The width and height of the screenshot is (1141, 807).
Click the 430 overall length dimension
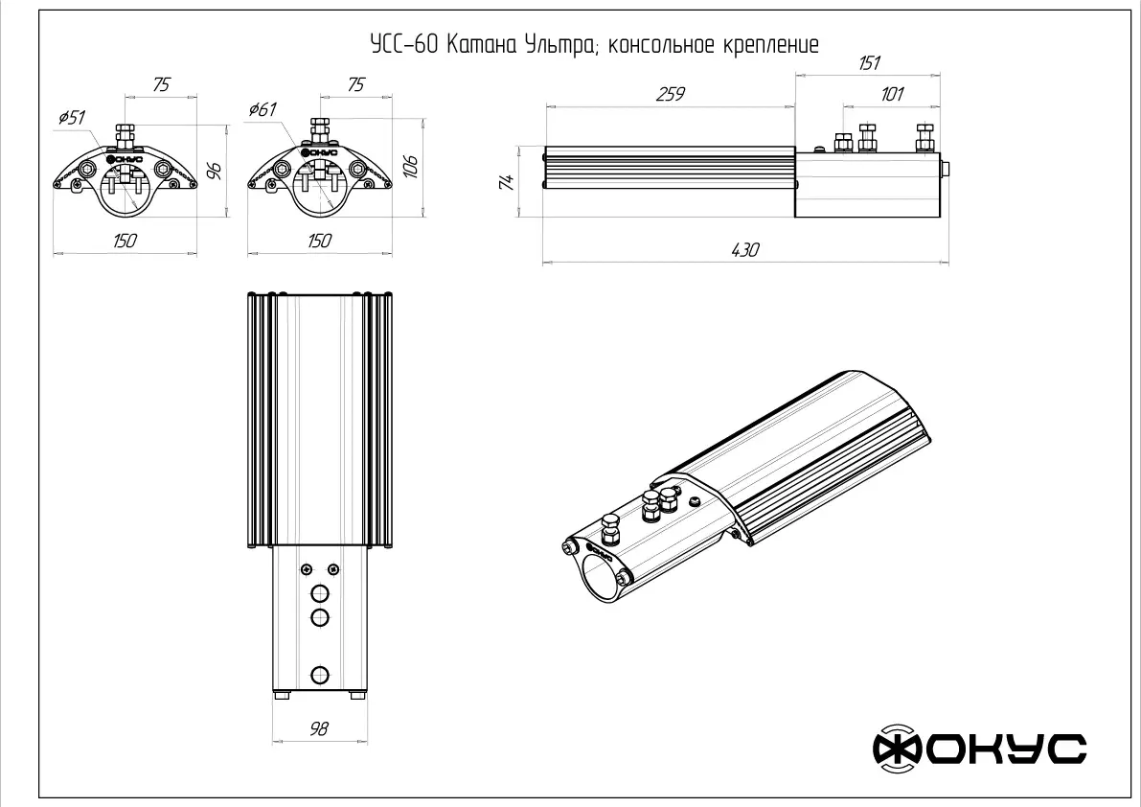pyautogui.click(x=744, y=249)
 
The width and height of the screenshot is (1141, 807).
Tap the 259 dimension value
pyautogui.click(x=671, y=94)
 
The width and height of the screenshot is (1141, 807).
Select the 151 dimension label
pyautogui.click(x=869, y=63)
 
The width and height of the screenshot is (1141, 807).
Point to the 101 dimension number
pyautogui.click(x=891, y=94)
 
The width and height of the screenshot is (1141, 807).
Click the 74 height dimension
pyautogui.click(x=507, y=181)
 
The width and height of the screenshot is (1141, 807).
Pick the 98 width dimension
pyautogui.click(x=319, y=728)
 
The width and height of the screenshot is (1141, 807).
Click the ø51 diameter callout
pyautogui.click(x=71, y=117)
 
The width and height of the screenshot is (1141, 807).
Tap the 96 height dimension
pyautogui.click(x=214, y=171)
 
